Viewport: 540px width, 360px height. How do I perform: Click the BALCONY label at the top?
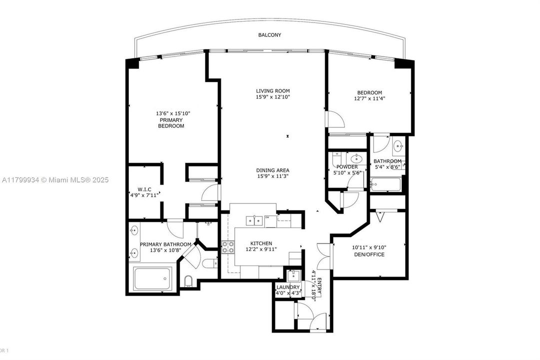270,35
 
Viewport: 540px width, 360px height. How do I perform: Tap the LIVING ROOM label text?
273,90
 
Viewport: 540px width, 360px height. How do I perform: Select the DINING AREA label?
273,170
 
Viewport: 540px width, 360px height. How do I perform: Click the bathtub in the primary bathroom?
153,278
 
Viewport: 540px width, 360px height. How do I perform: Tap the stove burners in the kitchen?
228,246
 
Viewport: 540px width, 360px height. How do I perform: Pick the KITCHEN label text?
261,243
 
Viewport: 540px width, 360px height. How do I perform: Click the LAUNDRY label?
288,287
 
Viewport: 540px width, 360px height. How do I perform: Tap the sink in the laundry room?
293,274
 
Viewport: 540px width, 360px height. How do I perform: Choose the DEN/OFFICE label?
369,254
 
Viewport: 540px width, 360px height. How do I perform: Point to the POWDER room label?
347,167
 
